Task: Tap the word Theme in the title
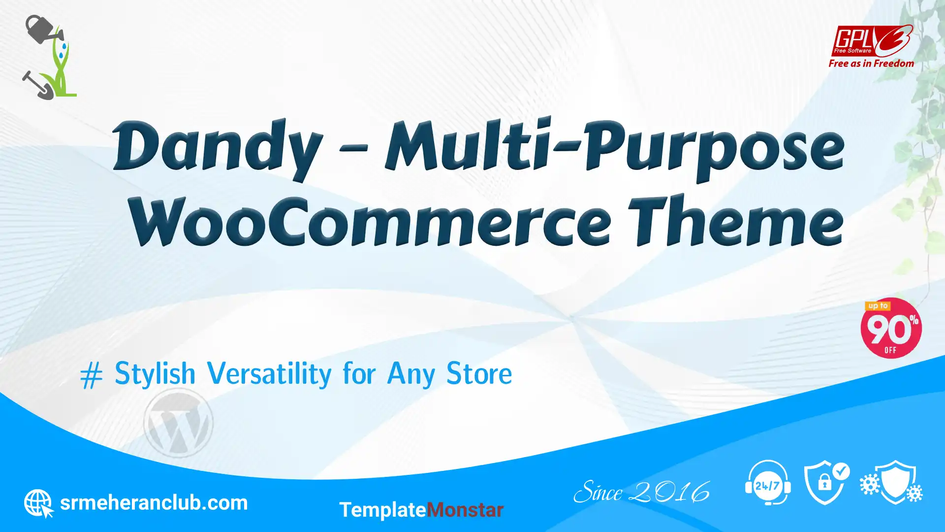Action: pos(736,220)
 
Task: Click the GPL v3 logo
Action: pos(872,41)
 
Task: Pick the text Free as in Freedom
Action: pos(871,64)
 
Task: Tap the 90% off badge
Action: pos(891,328)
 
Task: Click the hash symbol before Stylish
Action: pos(92,375)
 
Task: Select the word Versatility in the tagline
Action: pos(269,373)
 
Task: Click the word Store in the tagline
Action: pos(479,373)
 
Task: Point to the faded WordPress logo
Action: pos(178,423)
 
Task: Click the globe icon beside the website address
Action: pos(39,503)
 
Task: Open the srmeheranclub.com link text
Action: pos(154,503)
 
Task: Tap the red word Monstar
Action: pos(465,510)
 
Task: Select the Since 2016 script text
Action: pos(642,492)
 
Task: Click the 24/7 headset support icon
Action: pos(768,483)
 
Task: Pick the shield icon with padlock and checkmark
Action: pos(826,483)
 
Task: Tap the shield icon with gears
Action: pos(891,482)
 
